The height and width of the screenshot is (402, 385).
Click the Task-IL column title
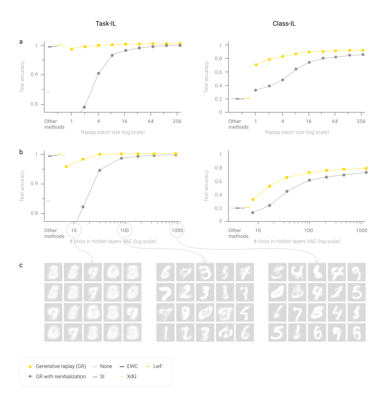click(106, 24)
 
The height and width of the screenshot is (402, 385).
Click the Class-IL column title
click(284, 24)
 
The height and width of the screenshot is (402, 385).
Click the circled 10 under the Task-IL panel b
click(74, 230)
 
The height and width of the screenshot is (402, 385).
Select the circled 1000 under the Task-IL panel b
click(177, 230)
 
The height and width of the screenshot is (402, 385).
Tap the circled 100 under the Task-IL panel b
click(124, 230)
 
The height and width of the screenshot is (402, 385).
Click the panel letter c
click(21, 265)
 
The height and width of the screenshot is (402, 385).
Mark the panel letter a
click(21, 42)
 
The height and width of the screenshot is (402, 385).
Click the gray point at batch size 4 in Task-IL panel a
click(98, 74)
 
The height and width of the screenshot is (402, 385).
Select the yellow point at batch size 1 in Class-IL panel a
click(256, 65)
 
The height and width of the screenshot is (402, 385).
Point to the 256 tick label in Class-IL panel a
click(361, 121)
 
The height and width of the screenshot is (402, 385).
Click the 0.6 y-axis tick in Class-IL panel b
click(218, 181)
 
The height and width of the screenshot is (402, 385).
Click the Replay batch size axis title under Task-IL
click(113, 132)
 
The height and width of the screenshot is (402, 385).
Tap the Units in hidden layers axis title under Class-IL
click(297, 241)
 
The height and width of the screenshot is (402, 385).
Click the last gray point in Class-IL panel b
click(366, 172)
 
